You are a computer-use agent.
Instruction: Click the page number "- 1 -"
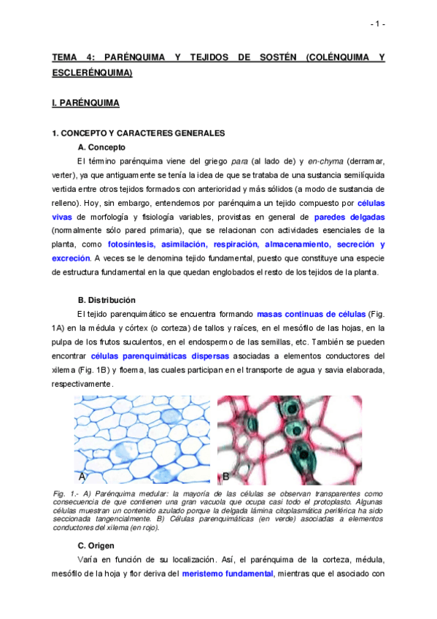377,24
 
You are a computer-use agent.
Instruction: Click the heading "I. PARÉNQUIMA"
85,104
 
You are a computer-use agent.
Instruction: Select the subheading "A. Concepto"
101,147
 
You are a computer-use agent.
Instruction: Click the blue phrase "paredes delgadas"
349,217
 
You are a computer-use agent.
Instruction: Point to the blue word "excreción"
71,258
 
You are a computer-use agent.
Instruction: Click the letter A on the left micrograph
82,477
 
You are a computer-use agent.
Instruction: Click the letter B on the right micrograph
226,477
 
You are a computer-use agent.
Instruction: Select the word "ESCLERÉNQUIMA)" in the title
91,73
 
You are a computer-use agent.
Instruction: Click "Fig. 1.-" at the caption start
67,494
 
